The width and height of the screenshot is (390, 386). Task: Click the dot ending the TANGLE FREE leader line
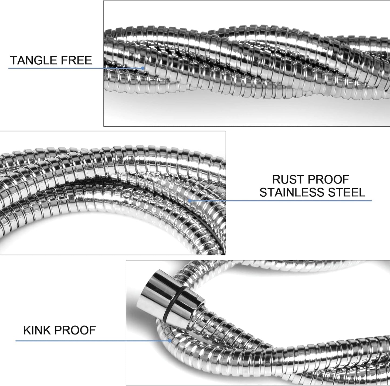(143, 68)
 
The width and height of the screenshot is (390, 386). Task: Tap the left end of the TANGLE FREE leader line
(8, 68)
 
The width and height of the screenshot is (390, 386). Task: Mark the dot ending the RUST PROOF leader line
(190, 201)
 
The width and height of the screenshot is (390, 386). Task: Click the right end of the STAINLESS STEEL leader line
(372, 201)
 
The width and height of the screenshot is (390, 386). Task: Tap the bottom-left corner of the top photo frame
(104, 126)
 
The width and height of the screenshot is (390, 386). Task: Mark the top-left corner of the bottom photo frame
(126, 260)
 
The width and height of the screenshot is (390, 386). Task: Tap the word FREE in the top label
(75, 60)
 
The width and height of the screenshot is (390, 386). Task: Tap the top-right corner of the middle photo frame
(226, 131)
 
